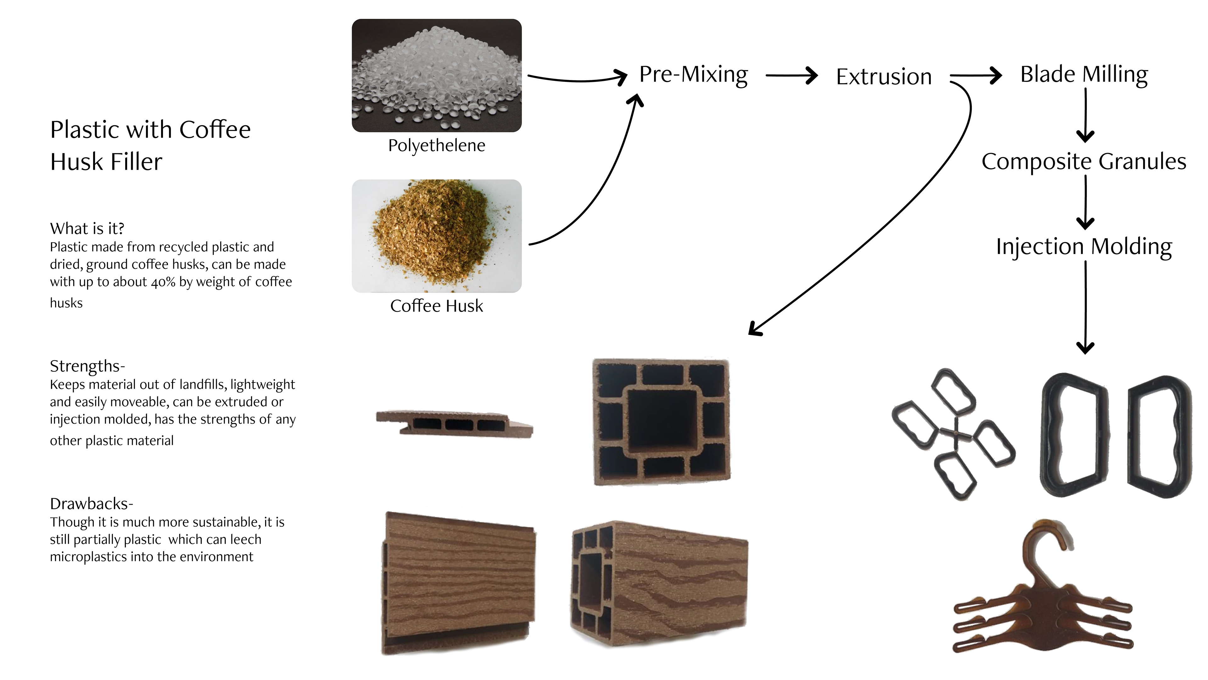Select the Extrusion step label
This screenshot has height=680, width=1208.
pos(883,77)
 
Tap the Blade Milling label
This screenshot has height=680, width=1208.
pos(1084,75)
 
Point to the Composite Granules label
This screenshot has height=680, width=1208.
pos(1084,162)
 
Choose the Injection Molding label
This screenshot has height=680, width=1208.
pos(1084,247)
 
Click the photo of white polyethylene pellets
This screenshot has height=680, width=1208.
pos(437,76)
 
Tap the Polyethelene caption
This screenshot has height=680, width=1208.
pos(437,145)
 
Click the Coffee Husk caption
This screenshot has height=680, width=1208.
pos(437,306)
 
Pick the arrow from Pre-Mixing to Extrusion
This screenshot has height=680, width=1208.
pos(791,75)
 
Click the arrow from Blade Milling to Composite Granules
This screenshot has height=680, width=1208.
pos(1086,115)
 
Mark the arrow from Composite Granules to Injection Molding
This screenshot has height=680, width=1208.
pos(1086,202)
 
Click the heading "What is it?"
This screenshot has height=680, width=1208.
pos(87,229)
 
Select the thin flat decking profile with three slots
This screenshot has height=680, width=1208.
pos(454,423)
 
